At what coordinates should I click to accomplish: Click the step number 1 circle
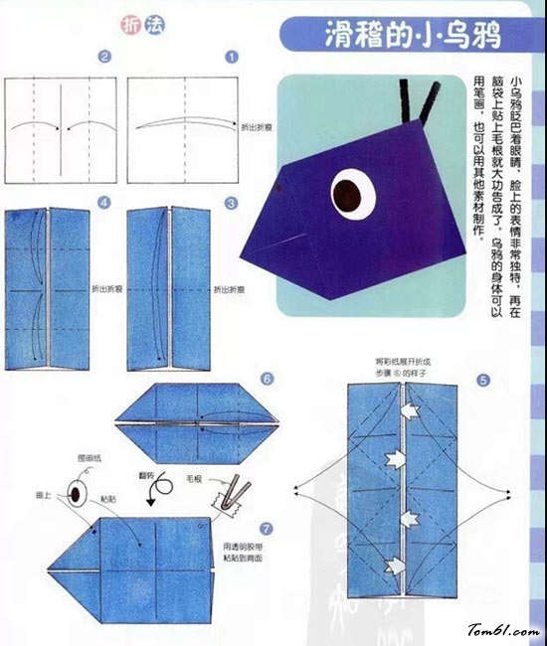232,58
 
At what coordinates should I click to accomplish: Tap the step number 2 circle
102,58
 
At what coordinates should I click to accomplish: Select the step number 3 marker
232,203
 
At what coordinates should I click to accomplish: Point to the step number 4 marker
103,203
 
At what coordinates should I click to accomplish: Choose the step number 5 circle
482,380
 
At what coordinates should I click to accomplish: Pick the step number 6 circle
268,379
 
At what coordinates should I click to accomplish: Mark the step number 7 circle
264,527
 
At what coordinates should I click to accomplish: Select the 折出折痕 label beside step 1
254,127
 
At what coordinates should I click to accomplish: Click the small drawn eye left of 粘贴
76,491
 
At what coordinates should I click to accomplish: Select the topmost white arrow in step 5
408,409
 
